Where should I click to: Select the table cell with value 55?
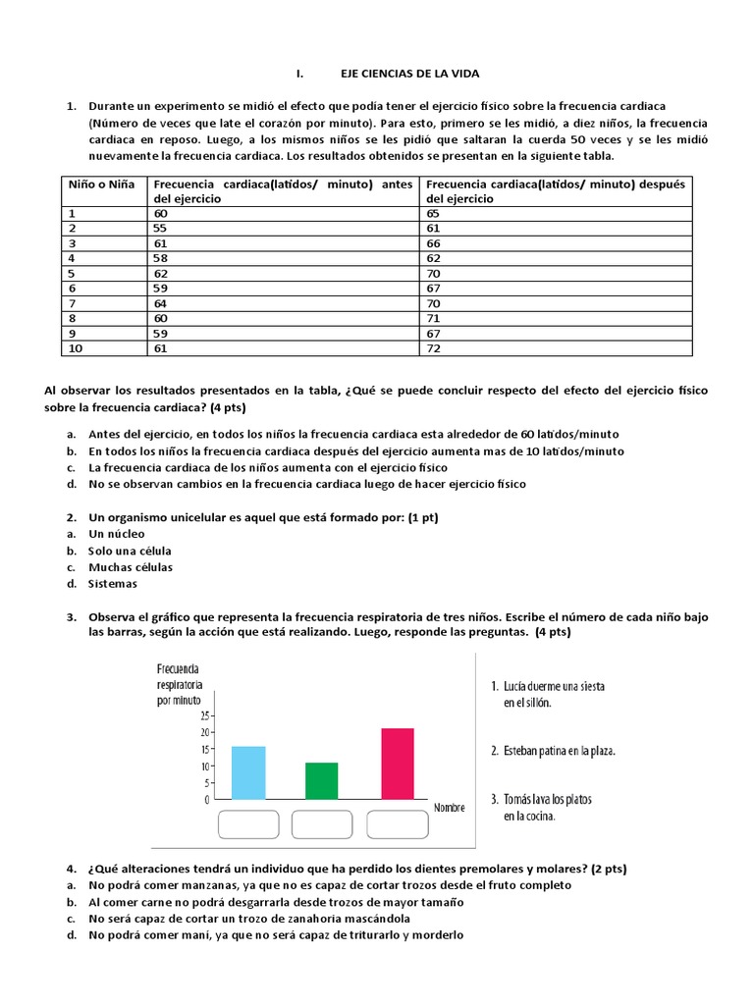[x=160, y=227]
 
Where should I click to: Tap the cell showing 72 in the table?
[x=433, y=348]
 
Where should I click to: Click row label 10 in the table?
[x=75, y=348]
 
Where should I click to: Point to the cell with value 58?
[x=160, y=257]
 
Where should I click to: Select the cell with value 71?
[x=433, y=318]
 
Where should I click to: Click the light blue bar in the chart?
[x=248, y=772]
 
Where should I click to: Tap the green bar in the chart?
[x=321, y=780]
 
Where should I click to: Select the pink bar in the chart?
[x=398, y=764]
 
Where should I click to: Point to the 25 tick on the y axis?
[x=204, y=715]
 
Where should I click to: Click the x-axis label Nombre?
[x=450, y=807]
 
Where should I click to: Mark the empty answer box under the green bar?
[x=325, y=825]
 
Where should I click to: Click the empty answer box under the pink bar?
[x=401, y=825]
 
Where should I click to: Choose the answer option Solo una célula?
[x=129, y=551]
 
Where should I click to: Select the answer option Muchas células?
[x=131, y=567]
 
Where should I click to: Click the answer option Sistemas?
[x=113, y=584]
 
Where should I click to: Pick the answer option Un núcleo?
[x=118, y=534]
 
